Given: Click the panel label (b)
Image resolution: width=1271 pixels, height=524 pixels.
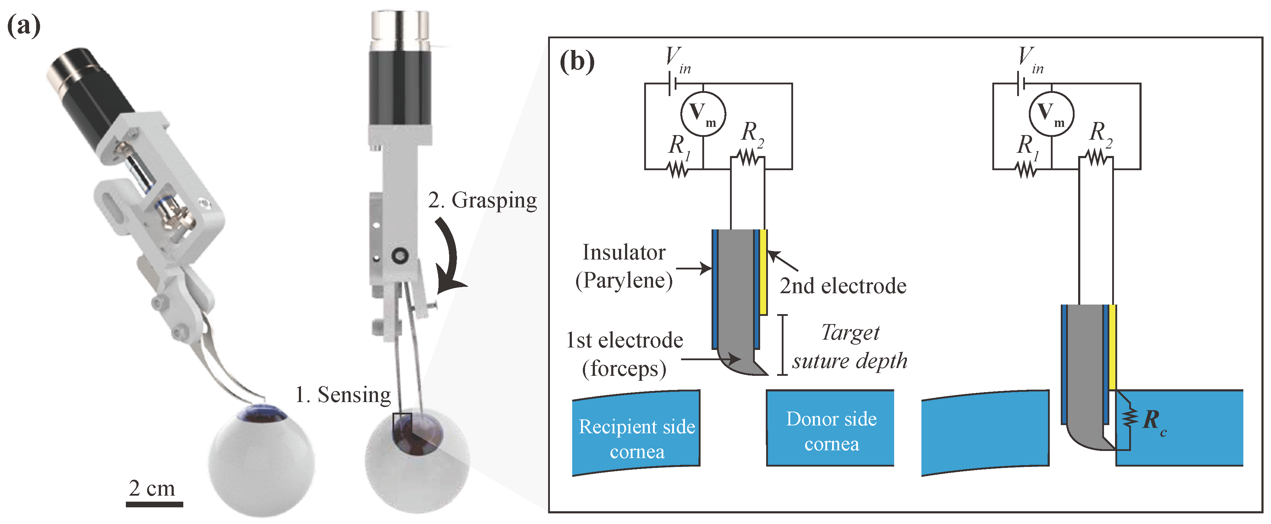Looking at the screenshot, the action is point(577,62).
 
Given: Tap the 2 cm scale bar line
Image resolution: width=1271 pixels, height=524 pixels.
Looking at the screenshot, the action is point(155,504).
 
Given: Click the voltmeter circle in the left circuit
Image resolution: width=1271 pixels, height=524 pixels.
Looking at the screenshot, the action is point(703,114).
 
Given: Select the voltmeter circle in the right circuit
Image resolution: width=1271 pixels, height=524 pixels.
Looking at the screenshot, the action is point(1052,114).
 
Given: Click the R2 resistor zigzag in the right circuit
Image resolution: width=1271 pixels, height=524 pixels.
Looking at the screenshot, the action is point(1096,158).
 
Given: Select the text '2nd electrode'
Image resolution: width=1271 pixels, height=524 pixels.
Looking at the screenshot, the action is point(843,286).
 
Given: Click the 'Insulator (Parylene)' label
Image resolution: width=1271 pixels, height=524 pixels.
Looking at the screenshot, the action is point(624,267).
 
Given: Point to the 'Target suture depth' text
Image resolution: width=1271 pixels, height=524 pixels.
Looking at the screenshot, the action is point(849,346).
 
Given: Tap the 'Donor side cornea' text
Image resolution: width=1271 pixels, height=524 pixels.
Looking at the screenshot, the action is point(831,431).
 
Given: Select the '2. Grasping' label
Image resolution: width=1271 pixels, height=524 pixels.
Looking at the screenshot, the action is point(482,200).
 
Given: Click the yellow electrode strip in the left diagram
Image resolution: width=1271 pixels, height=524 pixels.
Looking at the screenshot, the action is point(763,272).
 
